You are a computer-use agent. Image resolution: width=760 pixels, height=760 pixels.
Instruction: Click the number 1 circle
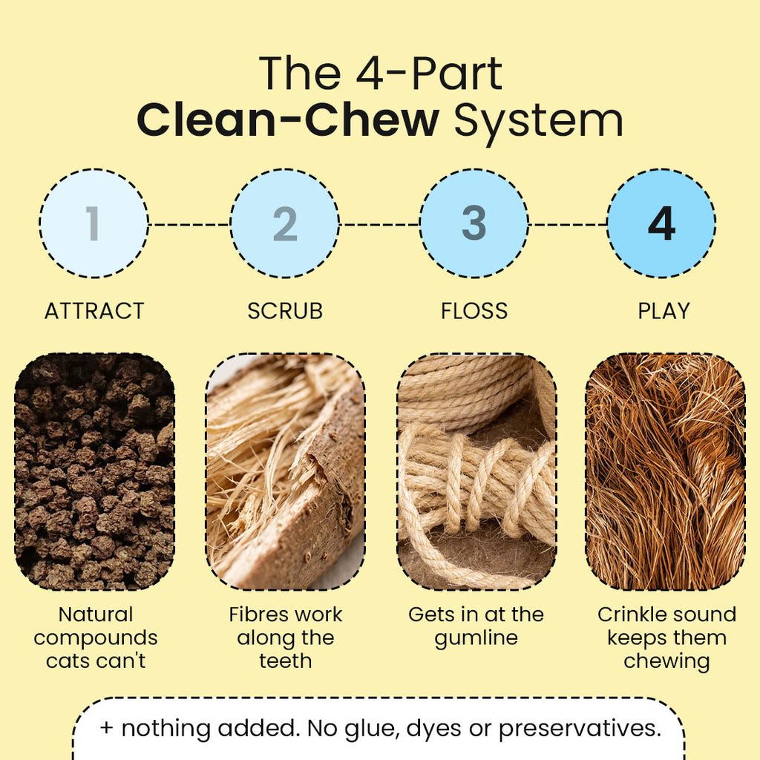coord(94,223)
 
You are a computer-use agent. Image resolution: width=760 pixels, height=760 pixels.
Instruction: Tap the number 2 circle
coord(284,223)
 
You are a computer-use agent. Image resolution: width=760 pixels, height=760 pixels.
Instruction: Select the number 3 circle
coord(474,223)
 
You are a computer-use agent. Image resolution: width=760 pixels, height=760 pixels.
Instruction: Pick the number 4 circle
coord(661,223)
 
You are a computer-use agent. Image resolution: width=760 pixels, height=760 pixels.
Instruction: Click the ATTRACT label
coord(94,311)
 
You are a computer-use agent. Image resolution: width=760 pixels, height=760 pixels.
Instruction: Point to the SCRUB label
coord(285,311)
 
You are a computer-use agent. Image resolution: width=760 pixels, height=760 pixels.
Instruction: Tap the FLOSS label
coord(474,311)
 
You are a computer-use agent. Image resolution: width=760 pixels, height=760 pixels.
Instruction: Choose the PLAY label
coord(664,311)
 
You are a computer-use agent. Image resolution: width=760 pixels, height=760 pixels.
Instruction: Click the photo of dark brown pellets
coord(94,471)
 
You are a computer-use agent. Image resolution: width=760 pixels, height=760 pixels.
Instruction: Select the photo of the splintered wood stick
coord(286,471)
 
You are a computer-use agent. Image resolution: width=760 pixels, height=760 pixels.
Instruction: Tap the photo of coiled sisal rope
coord(476,471)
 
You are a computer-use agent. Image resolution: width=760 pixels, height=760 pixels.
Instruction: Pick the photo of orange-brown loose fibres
coord(666,471)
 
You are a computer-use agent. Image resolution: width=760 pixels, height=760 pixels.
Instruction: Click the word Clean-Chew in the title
coord(288,119)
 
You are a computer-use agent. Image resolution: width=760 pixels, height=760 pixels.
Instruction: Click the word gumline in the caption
coord(476,639)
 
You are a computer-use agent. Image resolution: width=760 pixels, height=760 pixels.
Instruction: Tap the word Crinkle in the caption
coord(626,615)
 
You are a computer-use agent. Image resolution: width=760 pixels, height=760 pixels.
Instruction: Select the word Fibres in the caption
coord(257,615)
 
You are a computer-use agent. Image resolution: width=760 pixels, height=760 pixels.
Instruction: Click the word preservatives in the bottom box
coord(580,730)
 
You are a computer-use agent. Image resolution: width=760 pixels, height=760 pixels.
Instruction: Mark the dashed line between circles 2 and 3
coord(379,224)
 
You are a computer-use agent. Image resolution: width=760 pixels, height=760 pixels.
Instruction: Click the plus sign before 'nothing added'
coord(106,728)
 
